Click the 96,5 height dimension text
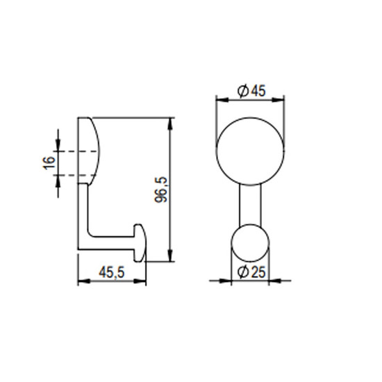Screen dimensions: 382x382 pyautogui.click(x=161, y=190)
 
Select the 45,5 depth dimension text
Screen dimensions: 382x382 pyautogui.click(x=112, y=272)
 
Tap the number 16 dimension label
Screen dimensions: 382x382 pyautogui.click(x=49, y=163)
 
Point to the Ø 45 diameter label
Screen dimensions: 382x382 pyautogui.click(x=251, y=91)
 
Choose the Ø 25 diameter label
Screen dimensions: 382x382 pyautogui.click(x=251, y=272)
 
